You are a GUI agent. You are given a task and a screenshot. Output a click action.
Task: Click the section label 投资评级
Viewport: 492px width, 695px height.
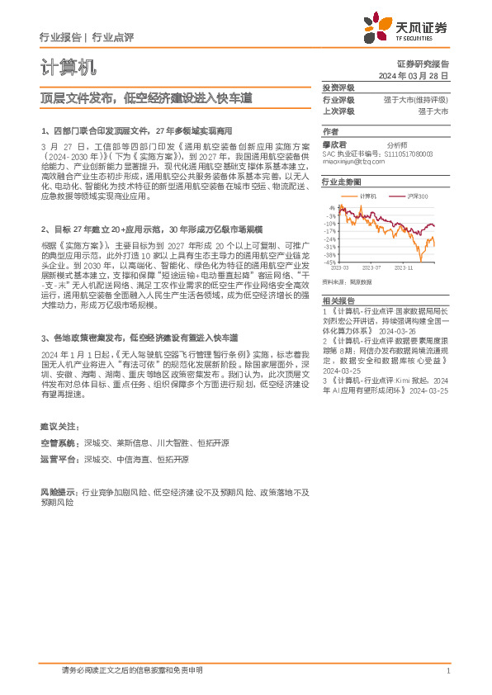pos(338,87)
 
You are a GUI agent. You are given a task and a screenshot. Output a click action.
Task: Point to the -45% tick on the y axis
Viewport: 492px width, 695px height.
pos(329,262)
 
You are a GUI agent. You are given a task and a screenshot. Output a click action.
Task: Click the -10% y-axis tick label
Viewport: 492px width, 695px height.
pos(329,224)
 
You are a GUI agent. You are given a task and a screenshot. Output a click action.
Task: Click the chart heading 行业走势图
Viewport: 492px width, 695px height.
pos(341,182)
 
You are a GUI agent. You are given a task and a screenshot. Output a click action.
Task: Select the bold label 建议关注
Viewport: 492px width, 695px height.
pos(60,425)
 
